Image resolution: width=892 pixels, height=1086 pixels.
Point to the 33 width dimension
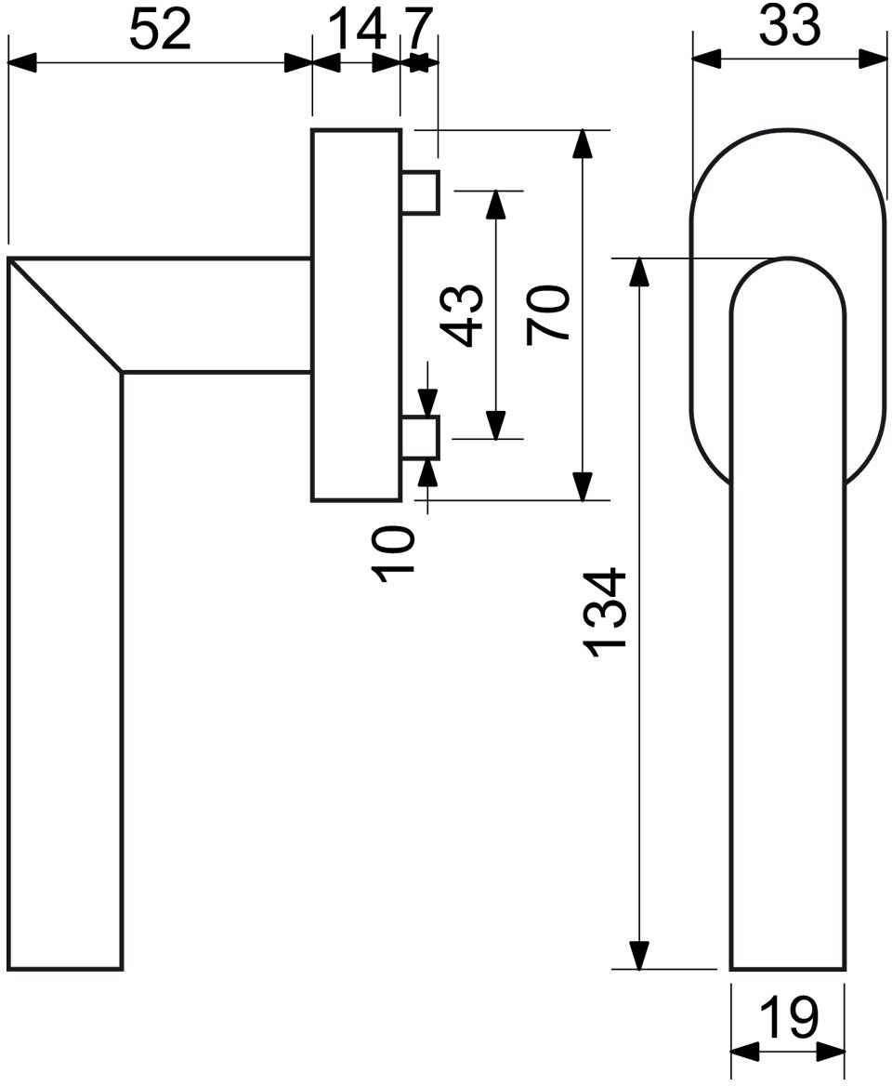point(789,26)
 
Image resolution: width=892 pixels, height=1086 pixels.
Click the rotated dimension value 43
point(464,314)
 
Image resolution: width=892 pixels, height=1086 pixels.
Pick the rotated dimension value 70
point(547,315)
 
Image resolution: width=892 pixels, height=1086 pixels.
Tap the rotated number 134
point(605,613)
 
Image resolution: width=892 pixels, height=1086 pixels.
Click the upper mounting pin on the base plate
point(420,192)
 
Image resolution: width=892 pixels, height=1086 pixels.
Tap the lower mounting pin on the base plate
point(420,438)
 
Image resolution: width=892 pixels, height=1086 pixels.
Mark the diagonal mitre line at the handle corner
point(66,316)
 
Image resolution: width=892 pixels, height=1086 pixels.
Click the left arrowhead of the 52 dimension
point(21,64)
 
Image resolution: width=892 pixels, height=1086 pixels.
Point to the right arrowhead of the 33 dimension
point(872,59)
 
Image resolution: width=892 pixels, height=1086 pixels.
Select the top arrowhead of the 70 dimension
point(584,143)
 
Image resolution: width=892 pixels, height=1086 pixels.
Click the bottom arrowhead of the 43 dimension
point(495,425)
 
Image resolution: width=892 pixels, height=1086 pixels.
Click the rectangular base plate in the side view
point(357,314)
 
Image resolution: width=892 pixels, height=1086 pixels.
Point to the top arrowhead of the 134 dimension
point(639,272)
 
